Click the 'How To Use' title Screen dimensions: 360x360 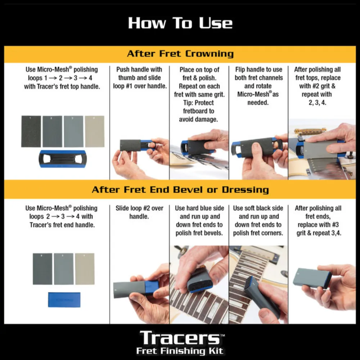(180, 23)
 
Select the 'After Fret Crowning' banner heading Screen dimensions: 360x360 (180, 54)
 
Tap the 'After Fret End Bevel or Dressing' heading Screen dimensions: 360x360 (180, 189)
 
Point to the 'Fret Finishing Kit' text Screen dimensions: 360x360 (180, 351)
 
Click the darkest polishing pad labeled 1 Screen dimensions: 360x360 (31, 131)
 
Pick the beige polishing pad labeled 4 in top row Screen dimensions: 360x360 (95, 131)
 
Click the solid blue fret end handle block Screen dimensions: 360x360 (64, 299)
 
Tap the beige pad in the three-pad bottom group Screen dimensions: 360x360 (85, 269)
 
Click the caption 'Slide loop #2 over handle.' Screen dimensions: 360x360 (139, 212)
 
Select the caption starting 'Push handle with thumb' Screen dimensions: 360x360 (139, 77)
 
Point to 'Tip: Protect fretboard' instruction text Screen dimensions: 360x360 (199, 111)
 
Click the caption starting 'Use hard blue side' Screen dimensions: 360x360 (199, 220)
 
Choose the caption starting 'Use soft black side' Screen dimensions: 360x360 (258, 220)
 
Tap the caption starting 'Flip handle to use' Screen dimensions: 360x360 (258, 86)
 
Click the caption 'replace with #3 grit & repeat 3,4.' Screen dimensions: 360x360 (318, 229)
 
